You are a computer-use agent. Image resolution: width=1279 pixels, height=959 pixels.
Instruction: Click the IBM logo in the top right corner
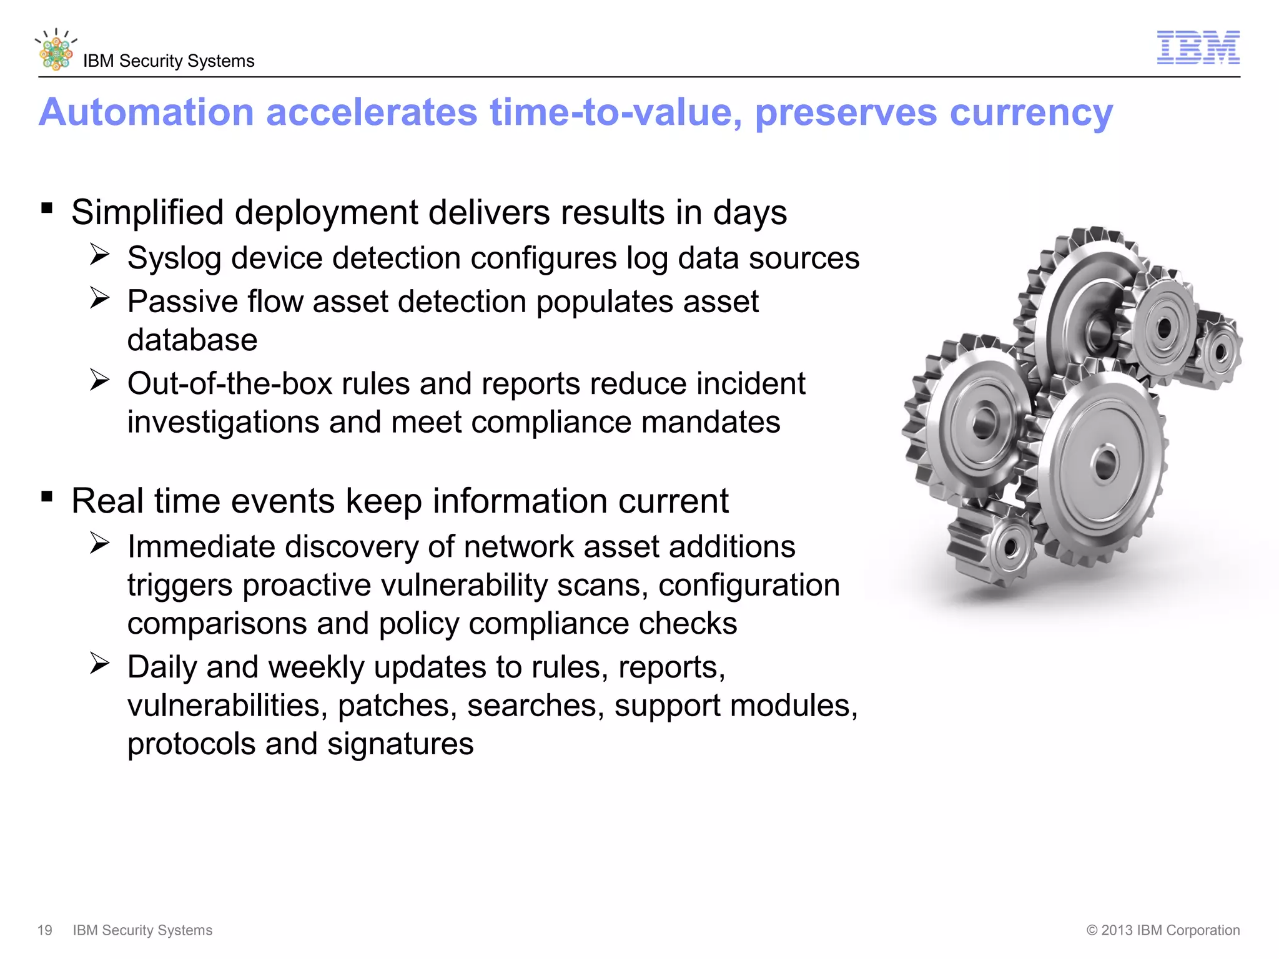1198,47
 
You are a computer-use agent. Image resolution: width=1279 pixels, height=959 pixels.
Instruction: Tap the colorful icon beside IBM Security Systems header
56,51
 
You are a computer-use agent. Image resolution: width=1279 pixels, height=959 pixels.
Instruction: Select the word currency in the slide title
1031,114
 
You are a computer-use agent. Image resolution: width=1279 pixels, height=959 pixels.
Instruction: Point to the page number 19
45,930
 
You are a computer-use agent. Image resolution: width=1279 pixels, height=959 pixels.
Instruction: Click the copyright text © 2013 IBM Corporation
1163,930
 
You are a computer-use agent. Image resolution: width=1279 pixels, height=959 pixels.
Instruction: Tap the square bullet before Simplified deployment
47,208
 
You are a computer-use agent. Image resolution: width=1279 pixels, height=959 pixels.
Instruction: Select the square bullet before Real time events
47,496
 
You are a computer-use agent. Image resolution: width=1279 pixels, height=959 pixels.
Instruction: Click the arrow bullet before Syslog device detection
99,254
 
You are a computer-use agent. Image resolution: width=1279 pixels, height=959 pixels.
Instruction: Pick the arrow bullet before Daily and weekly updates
99,663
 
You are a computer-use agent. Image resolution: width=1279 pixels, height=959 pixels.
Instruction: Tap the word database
192,340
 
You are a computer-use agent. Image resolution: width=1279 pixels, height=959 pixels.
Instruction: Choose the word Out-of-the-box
230,383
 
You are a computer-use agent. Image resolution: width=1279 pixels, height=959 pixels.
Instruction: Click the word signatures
400,744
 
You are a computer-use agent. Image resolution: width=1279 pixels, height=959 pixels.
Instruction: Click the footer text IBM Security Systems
142,930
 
